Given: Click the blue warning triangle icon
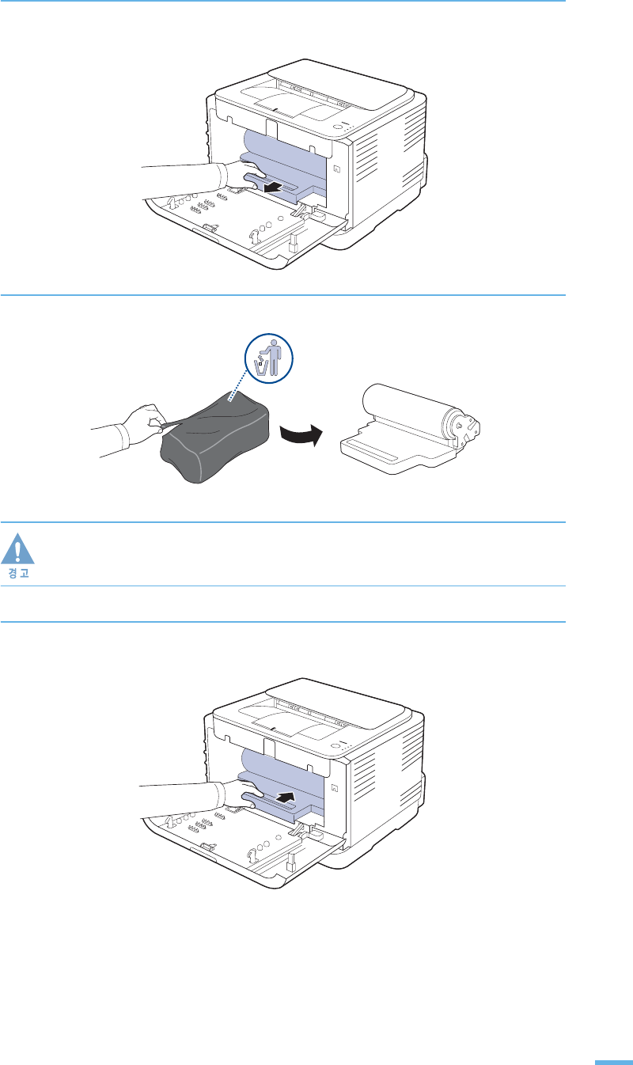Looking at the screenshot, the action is [23, 548].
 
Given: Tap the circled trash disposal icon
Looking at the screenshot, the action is [268, 358].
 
